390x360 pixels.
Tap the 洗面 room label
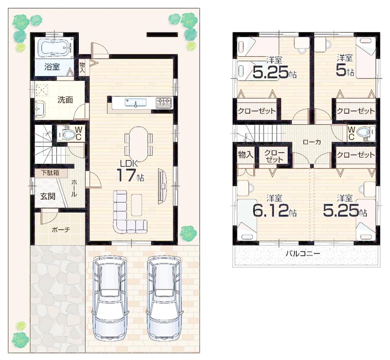(65, 100)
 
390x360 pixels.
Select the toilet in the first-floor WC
(69, 134)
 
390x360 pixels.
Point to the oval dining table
(138, 144)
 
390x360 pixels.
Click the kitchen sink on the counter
(136, 102)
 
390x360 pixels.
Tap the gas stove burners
(163, 102)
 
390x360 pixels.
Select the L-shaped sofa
(127, 214)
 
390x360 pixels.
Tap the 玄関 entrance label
(48, 196)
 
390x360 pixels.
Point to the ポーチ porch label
(60, 229)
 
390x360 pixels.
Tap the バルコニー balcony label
(303, 253)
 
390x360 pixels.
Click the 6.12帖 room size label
(274, 211)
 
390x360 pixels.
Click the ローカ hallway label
(312, 142)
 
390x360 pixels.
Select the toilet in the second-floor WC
(364, 132)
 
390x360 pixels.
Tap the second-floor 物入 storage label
(246, 154)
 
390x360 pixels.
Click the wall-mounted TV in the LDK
(161, 186)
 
